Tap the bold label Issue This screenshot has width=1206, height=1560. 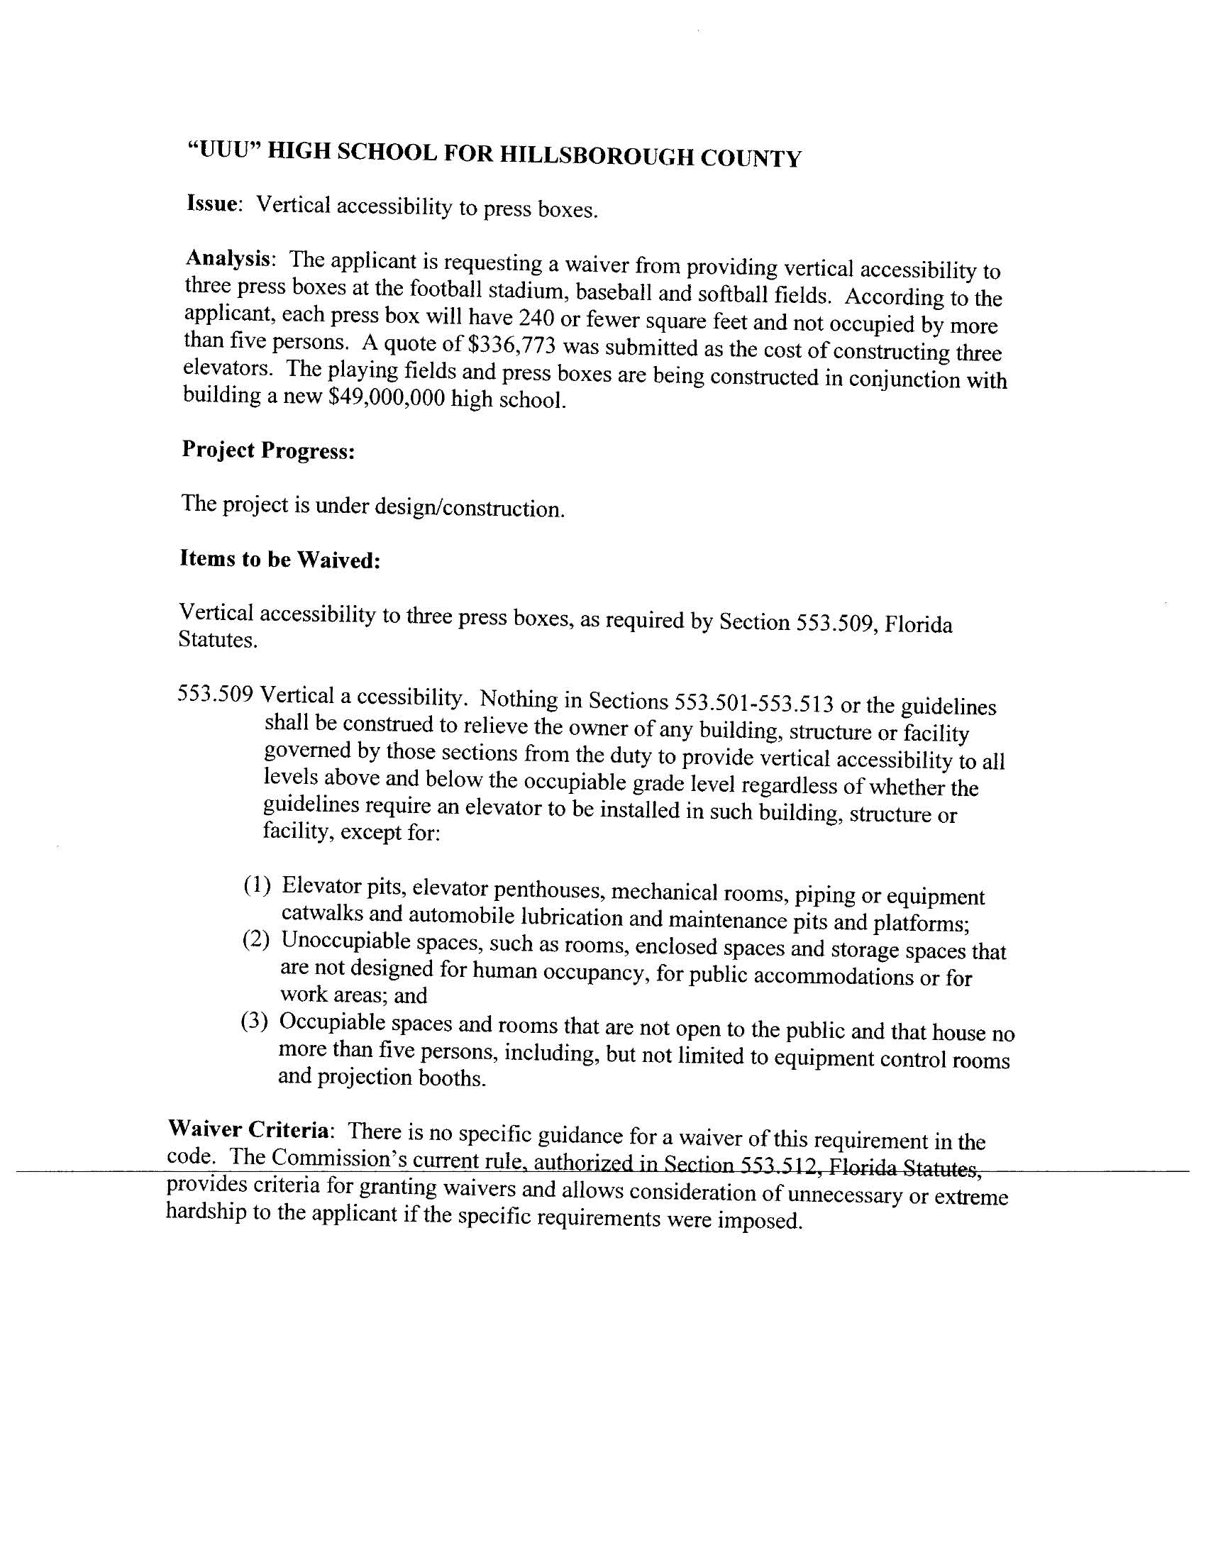tap(211, 204)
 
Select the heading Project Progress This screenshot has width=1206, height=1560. tap(268, 450)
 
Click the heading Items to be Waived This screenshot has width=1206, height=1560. tap(280, 559)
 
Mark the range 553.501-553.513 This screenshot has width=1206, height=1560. tap(753, 703)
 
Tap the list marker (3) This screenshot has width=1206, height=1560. tap(255, 1022)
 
